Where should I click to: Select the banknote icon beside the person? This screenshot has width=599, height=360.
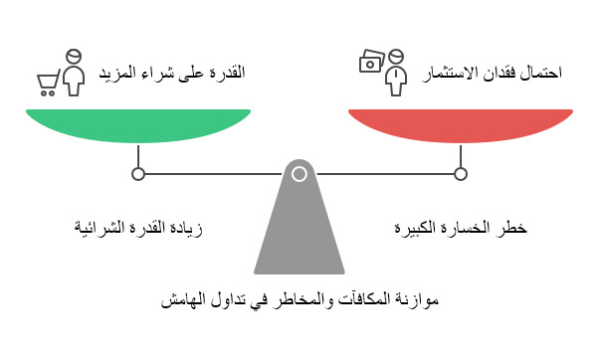370,62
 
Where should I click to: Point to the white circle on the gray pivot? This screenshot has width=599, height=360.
299,174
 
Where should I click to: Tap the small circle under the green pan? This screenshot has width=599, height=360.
138,174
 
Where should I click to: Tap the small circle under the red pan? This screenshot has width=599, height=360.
461,174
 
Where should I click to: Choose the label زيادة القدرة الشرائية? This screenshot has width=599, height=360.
139,228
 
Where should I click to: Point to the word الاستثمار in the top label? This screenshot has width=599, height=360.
457,73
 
